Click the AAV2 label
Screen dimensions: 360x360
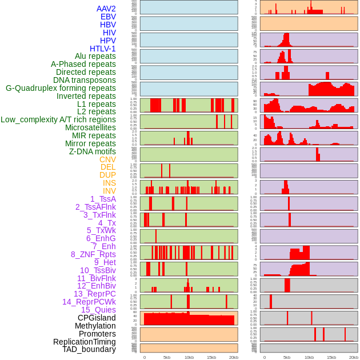pos(106,9)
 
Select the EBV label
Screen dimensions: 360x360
pos(108,17)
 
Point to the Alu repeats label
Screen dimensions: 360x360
pos(95,56)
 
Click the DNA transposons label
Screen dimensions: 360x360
pos(85,80)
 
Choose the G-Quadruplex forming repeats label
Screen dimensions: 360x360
pos(61,88)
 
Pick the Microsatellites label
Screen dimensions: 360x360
pos(90,127)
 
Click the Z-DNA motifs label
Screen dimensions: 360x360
pos(92,151)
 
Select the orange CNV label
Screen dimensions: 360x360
pos(107,159)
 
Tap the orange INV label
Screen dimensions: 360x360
pos(109,191)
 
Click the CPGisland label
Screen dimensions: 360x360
pos(97,318)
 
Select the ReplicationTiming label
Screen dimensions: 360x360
pos(84,342)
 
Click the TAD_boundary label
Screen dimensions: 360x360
pos(89,349)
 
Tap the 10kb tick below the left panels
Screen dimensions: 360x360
pos(189,357)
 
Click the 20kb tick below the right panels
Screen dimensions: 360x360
pos(354,357)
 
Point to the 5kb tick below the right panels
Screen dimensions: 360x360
pos(287,357)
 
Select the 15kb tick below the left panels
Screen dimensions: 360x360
pos(211,357)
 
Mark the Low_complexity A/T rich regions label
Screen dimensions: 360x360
pos(58,119)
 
